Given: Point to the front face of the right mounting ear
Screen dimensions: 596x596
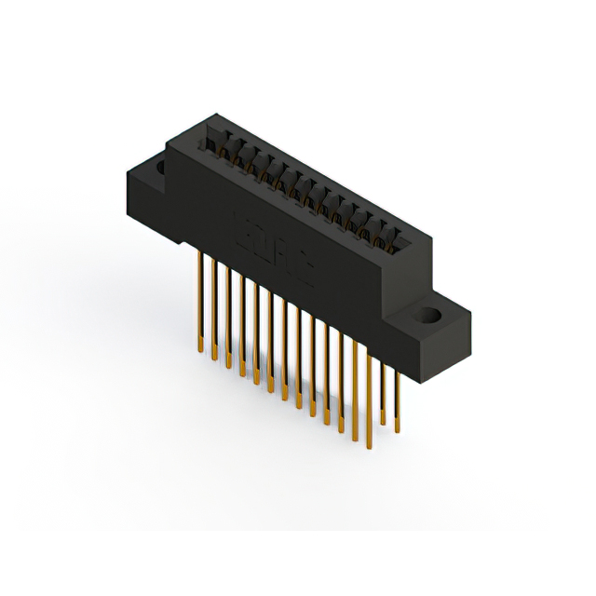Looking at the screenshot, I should click(x=414, y=349).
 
